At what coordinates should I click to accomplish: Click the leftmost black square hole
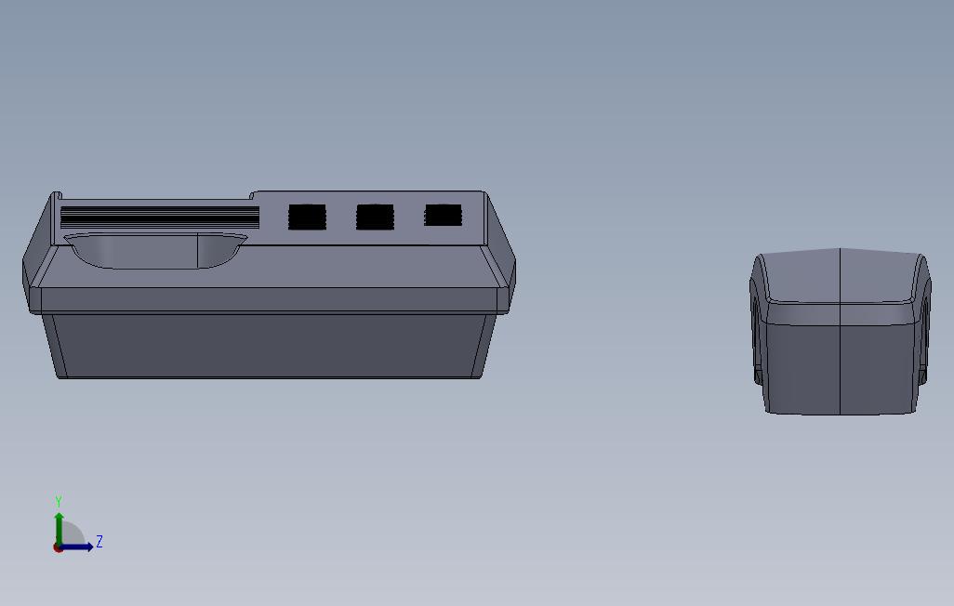(307, 217)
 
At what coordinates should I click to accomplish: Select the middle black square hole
(375, 217)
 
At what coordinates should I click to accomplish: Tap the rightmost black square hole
(443, 216)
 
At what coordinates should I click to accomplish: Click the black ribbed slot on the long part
(160, 217)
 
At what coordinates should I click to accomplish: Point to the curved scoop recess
(156, 250)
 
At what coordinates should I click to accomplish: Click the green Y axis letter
(59, 501)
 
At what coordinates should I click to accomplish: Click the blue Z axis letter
(99, 542)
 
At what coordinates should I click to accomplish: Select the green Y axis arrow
(59, 529)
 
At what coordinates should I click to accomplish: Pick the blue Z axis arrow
(76, 547)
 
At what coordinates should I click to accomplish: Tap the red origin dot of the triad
(58, 548)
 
